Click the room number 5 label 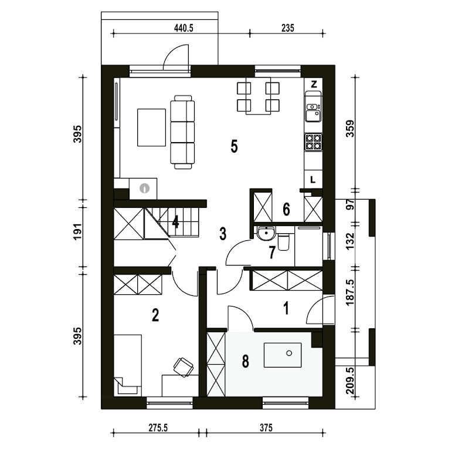pyautogui.click(x=235, y=146)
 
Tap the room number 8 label pyautogui.click(x=245, y=362)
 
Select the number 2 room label pyautogui.click(x=155, y=315)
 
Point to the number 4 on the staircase pyautogui.click(x=175, y=222)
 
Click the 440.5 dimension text pyautogui.click(x=184, y=28)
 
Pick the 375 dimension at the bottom pyautogui.click(x=266, y=428)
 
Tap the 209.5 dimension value pyautogui.click(x=350, y=381)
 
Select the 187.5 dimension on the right pyautogui.click(x=350, y=293)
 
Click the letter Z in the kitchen pyautogui.click(x=314, y=85)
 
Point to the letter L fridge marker pyautogui.click(x=313, y=180)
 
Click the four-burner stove pyautogui.click(x=314, y=142)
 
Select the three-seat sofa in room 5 pyautogui.click(x=183, y=132)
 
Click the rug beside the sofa pyautogui.click(x=151, y=127)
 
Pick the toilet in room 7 pyautogui.click(x=283, y=241)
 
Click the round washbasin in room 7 pyautogui.click(x=266, y=233)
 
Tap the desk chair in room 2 pyautogui.click(x=184, y=367)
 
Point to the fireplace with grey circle pyautogui.click(x=143, y=189)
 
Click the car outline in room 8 pyautogui.click(x=283, y=355)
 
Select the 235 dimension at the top pyautogui.click(x=288, y=28)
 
